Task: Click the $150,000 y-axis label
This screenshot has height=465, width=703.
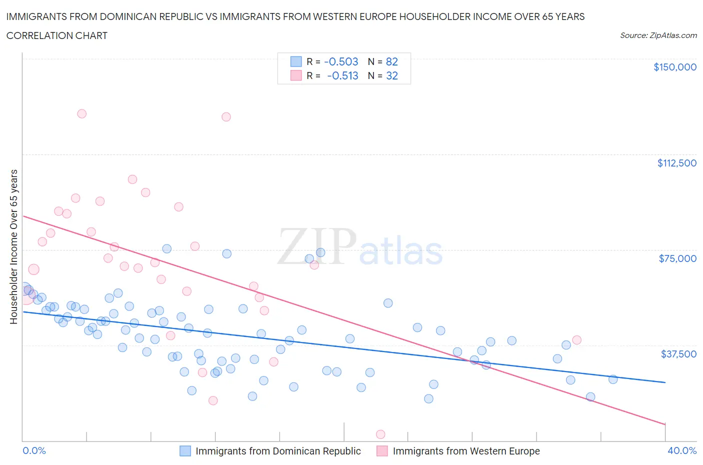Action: coord(674,67)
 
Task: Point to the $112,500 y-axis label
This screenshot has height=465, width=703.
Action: coord(676,163)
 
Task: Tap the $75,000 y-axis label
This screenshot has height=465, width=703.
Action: coord(677,258)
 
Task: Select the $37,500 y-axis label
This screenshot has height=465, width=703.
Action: coord(678,354)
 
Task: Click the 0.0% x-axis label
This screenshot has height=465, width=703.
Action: coord(34,450)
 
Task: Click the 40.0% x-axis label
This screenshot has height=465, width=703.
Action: coord(681,450)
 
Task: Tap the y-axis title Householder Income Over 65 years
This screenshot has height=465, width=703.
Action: coord(13,246)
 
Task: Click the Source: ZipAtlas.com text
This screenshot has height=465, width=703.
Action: coord(658,35)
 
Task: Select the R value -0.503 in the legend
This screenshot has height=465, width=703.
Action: coord(341,61)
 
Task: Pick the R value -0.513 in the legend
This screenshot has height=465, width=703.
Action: coord(342,75)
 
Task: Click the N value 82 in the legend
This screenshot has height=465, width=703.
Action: coord(391,61)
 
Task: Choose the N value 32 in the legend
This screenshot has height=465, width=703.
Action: coord(391,75)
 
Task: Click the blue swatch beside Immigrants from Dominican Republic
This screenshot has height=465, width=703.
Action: coord(185,451)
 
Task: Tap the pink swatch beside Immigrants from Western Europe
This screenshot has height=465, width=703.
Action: coord(382,451)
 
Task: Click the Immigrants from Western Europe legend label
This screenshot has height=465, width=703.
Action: coord(466,451)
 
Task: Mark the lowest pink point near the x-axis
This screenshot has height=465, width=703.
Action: coord(380,434)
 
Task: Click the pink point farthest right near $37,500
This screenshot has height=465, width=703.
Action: coord(576,340)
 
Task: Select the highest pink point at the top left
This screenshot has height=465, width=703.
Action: coord(81,113)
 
